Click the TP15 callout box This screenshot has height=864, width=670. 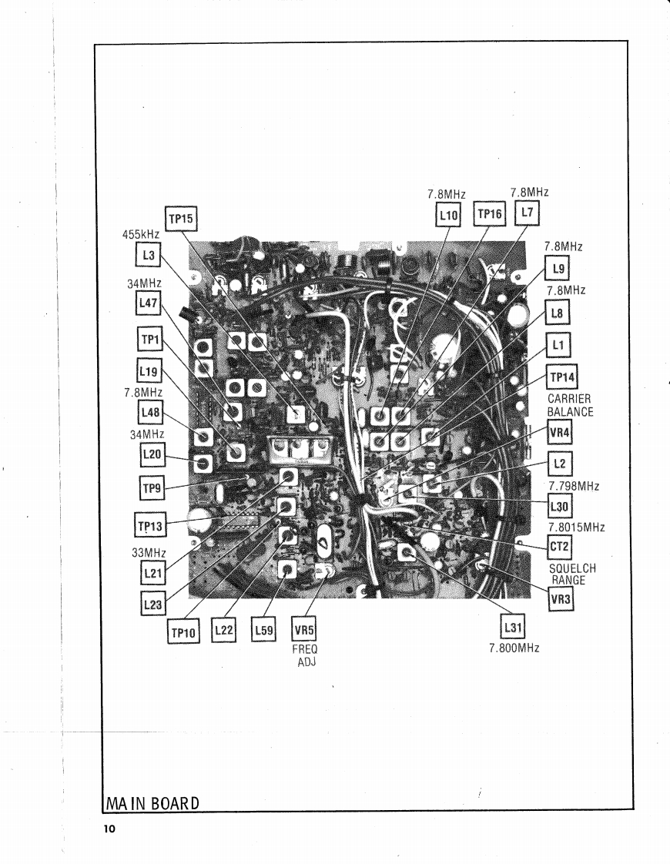pyautogui.click(x=182, y=219)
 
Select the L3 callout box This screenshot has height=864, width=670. pyautogui.click(x=146, y=255)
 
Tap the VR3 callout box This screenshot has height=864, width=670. pyautogui.click(x=561, y=600)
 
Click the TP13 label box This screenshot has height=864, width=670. pyautogui.click(x=152, y=525)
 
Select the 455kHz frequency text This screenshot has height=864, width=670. pyautogui.click(x=141, y=236)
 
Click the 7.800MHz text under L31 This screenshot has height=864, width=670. pyautogui.click(x=513, y=648)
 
